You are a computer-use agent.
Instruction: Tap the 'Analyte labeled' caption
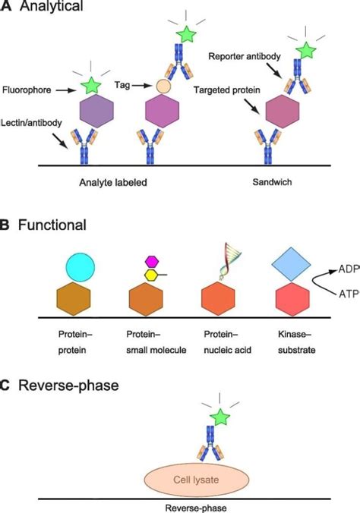pos(111,182)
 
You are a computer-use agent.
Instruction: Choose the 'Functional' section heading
pos(53,225)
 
